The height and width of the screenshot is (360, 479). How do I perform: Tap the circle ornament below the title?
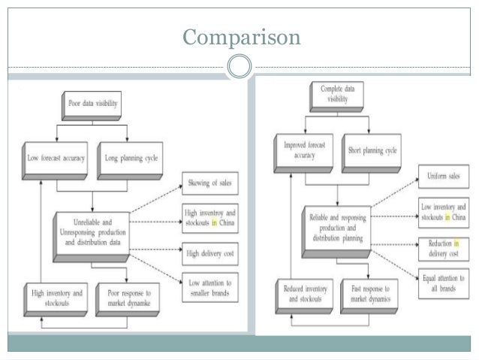pyautogui.click(x=239, y=66)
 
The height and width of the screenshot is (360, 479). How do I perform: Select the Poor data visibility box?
pyautogui.click(x=92, y=104)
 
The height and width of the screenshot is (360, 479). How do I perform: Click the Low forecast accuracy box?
pyautogui.click(x=56, y=158)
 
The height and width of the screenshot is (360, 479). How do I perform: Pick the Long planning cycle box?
pyautogui.click(x=128, y=158)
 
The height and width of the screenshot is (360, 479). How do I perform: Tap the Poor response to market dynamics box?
pyautogui.click(x=128, y=296)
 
